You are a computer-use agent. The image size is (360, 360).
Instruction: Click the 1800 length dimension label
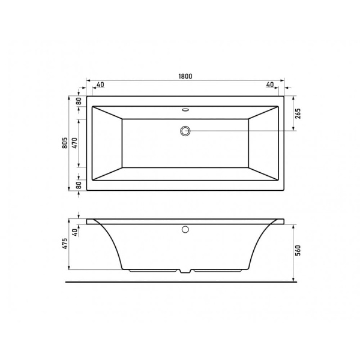click(x=185, y=76)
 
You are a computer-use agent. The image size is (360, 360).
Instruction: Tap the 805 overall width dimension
click(x=65, y=143)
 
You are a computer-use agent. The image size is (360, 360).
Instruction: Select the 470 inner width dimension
click(x=75, y=143)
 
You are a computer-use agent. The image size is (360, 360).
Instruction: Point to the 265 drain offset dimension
click(x=298, y=113)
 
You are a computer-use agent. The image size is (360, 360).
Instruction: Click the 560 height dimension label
click(x=298, y=250)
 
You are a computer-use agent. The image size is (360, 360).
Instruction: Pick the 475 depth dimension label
click(x=65, y=244)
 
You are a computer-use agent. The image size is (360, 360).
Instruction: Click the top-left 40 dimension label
click(x=100, y=85)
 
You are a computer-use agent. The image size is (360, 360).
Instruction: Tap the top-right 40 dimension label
click(x=270, y=85)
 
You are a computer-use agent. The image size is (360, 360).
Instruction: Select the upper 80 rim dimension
click(x=79, y=101)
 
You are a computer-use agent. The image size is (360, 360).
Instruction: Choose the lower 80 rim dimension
click(x=79, y=185)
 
